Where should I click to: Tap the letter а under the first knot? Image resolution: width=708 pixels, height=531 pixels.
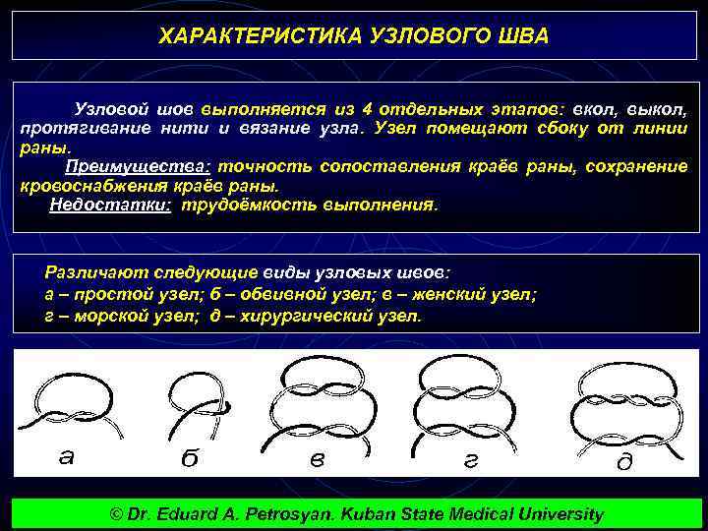pyautogui.click(x=65, y=455)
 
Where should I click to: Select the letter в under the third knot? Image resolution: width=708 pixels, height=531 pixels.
pyautogui.click(x=317, y=459)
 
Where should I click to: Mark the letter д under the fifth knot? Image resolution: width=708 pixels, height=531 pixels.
pyautogui.click(x=623, y=462)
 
